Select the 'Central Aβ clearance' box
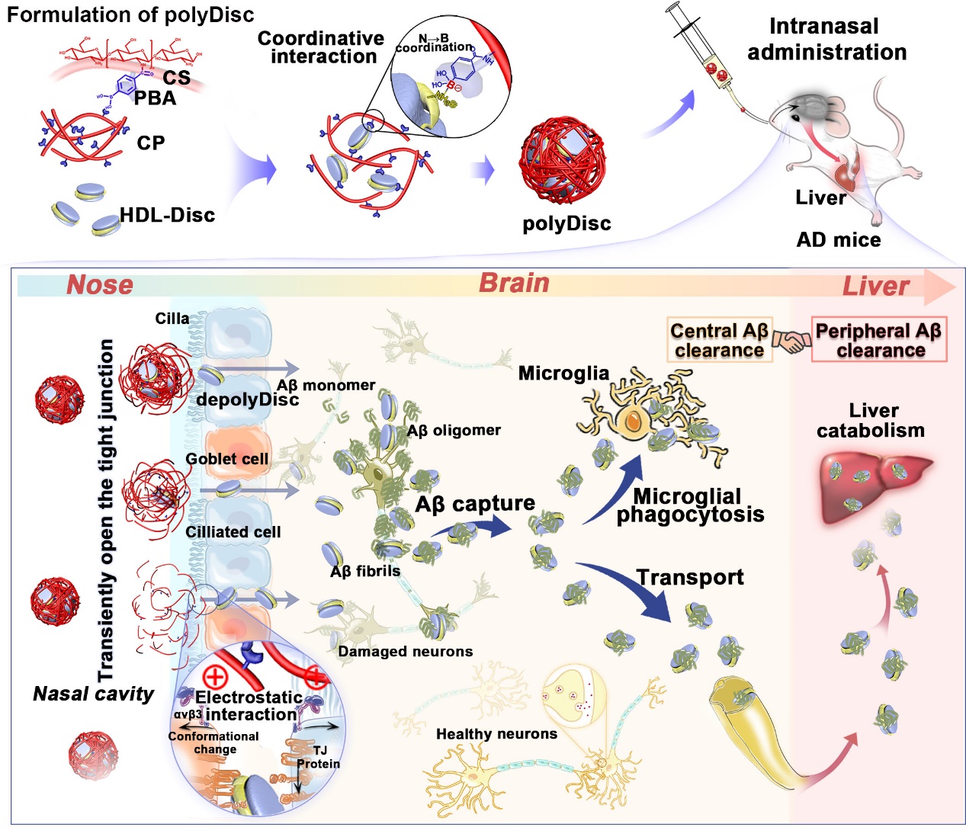coord(719,340)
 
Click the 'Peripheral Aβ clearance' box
coord(878,340)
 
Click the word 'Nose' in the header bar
coord(100,285)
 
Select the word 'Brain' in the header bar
coord(514,283)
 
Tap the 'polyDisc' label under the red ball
coord(566,223)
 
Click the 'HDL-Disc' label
coord(168,215)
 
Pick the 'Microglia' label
coord(563,373)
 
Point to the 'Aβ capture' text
coord(474,504)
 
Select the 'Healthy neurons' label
coord(496,734)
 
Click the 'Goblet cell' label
coord(227,459)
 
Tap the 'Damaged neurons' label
coord(405,652)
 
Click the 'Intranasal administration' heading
coord(826,39)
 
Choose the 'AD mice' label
coord(838,240)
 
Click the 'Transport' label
coord(690,577)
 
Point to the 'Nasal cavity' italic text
coord(93,694)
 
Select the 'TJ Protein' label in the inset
coord(319,757)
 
